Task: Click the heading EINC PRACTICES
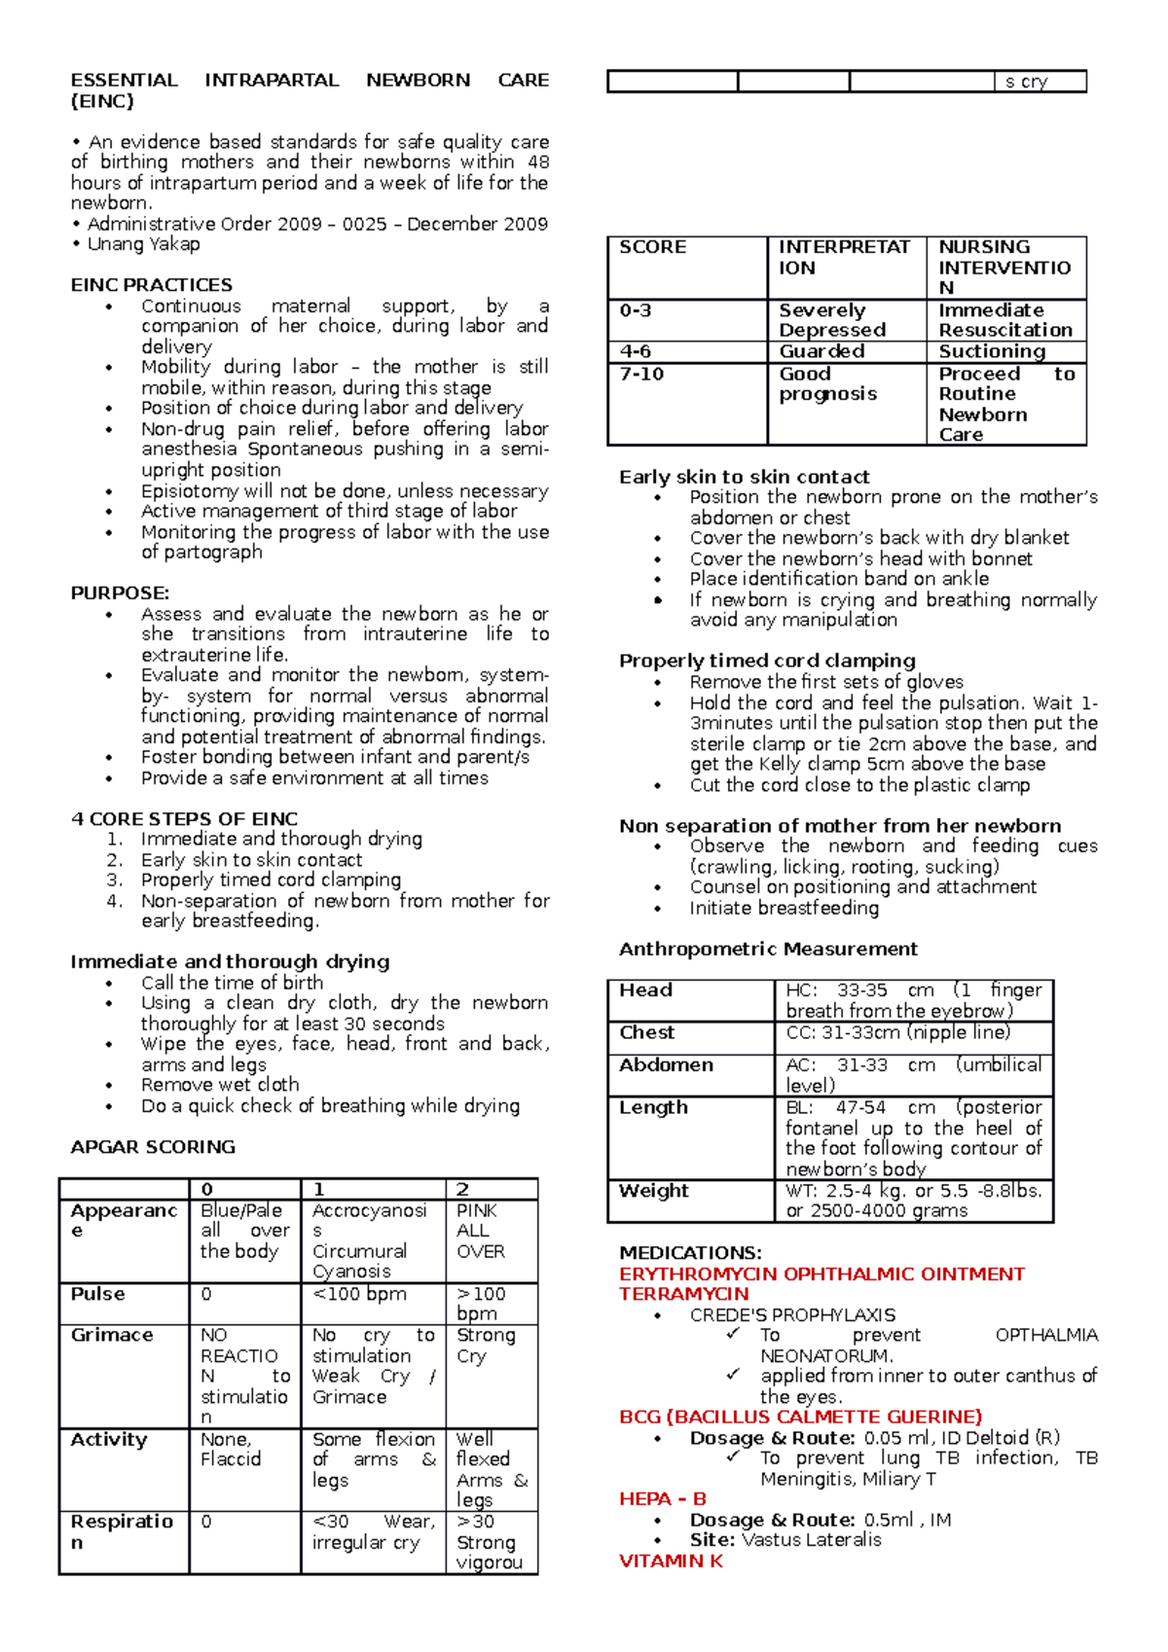[152, 285]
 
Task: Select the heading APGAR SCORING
[153, 1147]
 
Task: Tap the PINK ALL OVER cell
[481, 1231]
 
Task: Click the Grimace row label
[112, 1335]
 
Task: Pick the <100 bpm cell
[359, 1294]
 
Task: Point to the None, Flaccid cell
[231, 1449]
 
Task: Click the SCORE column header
[653, 247]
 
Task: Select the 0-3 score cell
[636, 310]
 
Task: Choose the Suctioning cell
[992, 351]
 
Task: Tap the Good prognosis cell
[827, 383]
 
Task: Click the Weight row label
[654, 1191]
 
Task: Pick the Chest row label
[647, 1032]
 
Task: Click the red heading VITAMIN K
[671, 1561]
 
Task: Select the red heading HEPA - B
[663, 1498]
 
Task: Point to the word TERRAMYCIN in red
[684, 1294]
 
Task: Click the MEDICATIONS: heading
[690, 1253]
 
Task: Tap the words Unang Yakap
[144, 244]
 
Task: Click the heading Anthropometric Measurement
[768, 949]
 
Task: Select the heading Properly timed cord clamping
[767, 661]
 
